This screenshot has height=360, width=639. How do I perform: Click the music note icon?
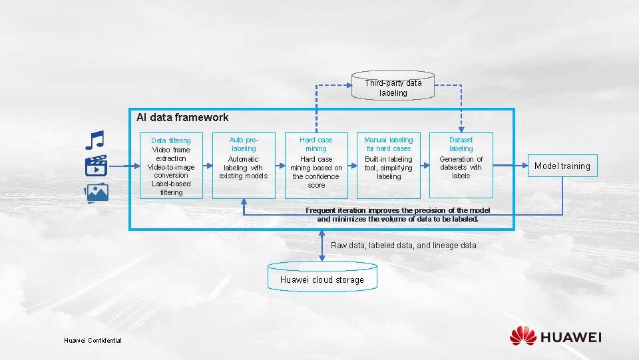95,139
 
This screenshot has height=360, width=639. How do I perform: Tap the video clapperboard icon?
96,166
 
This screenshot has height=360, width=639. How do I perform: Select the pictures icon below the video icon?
96,193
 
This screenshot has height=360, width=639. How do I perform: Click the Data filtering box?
170,166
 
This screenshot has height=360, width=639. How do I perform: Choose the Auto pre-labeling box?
243,166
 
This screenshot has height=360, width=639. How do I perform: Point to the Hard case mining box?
316,166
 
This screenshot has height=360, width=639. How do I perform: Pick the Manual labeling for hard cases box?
388,166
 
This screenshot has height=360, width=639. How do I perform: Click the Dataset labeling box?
461,166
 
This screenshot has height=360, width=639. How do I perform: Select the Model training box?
562,166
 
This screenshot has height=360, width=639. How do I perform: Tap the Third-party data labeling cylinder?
393,87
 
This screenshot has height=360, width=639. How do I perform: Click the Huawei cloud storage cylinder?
322,276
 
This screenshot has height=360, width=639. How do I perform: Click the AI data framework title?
182,118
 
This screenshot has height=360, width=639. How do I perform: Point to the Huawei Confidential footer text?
93,340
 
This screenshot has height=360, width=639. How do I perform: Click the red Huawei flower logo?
523,336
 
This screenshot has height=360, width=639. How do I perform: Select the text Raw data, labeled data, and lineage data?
403,246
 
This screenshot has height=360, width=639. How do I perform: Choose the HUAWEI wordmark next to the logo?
571,337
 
